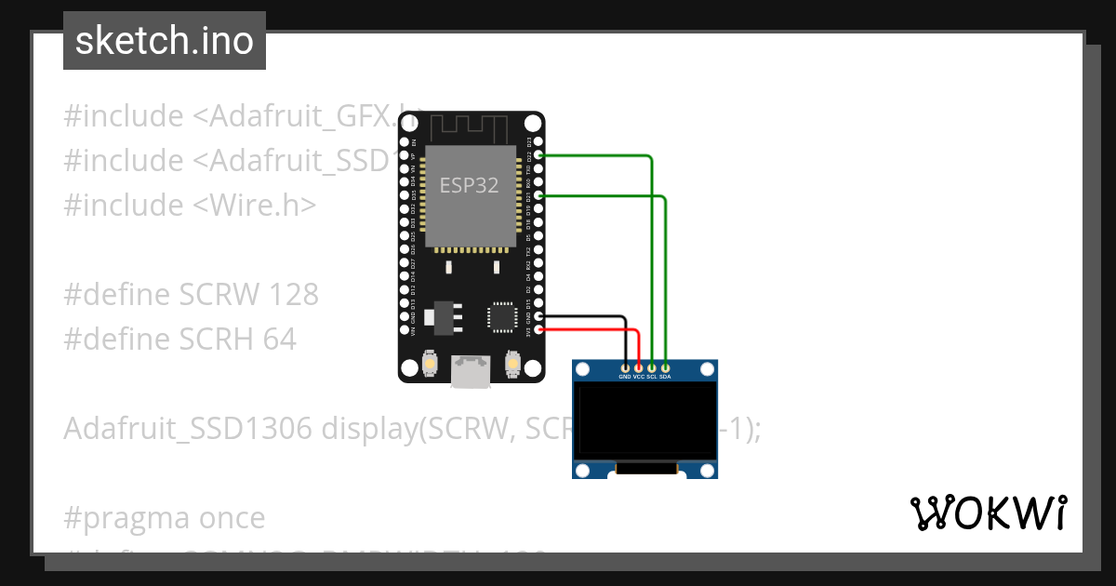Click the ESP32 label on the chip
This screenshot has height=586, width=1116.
[x=469, y=185]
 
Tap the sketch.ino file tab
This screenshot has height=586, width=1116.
[x=165, y=41]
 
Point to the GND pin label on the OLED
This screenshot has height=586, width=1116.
[x=625, y=378]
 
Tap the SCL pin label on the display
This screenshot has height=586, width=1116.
[x=652, y=378]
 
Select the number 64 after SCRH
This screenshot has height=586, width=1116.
[x=279, y=340]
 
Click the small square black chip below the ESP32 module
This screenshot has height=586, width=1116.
[x=502, y=316]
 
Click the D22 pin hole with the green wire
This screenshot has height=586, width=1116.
[x=538, y=156]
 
